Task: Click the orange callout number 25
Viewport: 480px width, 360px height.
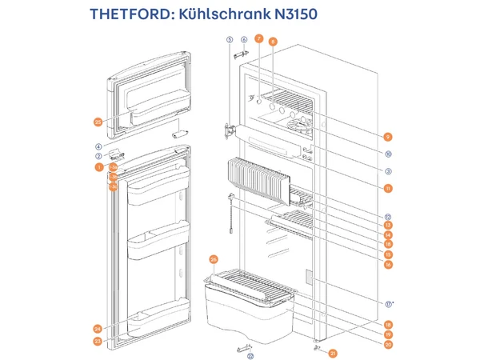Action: (x=98, y=122)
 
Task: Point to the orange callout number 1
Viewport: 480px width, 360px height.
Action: (x=98, y=168)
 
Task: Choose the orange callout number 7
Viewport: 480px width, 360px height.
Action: (x=258, y=38)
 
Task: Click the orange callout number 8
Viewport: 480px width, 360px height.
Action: (x=273, y=41)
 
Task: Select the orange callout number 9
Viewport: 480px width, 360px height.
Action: (x=387, y=137)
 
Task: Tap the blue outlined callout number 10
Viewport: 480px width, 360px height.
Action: (x=387, y=154)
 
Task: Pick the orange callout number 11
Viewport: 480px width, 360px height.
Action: (x=387, y=189)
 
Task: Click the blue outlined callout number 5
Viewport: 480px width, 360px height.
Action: (x=229, y=39)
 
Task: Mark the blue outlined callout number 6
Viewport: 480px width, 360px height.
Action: (x=244, y=39)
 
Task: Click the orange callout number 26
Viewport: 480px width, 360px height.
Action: (x=214, y=259)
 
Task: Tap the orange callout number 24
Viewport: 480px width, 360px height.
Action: (x=98, y=329)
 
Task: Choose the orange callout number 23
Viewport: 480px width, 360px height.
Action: (x=98, y=342)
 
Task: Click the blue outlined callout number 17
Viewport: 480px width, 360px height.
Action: (x=387, y=304)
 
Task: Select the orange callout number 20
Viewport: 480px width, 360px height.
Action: (x=387, y=345)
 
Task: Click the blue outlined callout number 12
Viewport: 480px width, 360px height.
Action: (x=387, y=216)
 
